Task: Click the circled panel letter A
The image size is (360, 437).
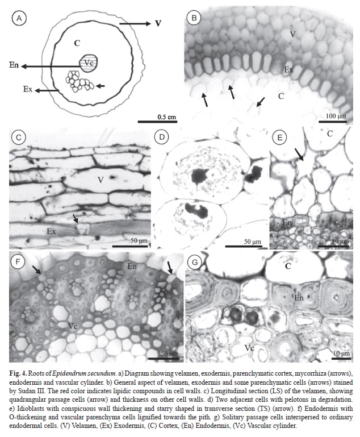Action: tap(19, 18)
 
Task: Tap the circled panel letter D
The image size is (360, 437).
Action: tap(162, 137)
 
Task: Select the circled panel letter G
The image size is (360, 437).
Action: tap(195, 262)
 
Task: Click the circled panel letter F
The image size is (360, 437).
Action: tap(18, 262)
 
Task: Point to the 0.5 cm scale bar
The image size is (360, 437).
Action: tap(157, 122)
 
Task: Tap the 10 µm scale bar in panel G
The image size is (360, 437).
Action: tap(341, 359)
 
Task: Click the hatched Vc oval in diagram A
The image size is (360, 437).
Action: tap(89, 63)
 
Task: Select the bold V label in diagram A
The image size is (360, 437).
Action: tap(158, 23)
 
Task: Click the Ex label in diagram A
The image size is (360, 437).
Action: tap(28, 89)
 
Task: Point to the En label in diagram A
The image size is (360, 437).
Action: tap(14, 65)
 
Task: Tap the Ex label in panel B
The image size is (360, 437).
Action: tap(288, 69)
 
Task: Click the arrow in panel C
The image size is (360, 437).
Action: tap(75, 218)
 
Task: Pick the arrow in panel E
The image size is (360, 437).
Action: tap(299, 154)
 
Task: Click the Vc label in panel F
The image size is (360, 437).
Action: tap(73, 326)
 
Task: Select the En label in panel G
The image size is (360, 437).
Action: tap(299, 298)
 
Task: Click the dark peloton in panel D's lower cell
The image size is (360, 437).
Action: tap(197, 210)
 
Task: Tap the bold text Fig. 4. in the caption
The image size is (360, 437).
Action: tap(18, 373)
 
